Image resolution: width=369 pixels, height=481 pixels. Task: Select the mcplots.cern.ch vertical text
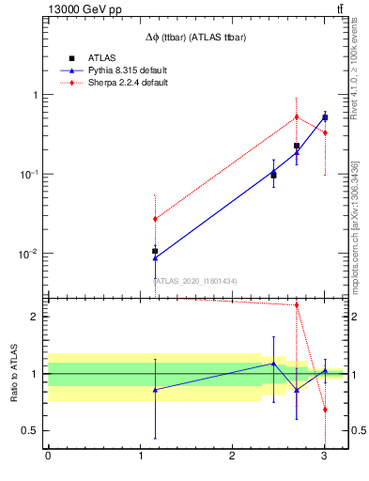coord(353,227)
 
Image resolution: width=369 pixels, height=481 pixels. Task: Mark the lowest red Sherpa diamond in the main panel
coord(155,219)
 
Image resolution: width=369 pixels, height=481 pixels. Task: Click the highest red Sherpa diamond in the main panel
coord(297,116)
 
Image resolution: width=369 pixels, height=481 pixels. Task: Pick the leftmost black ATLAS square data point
coord(155,251)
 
